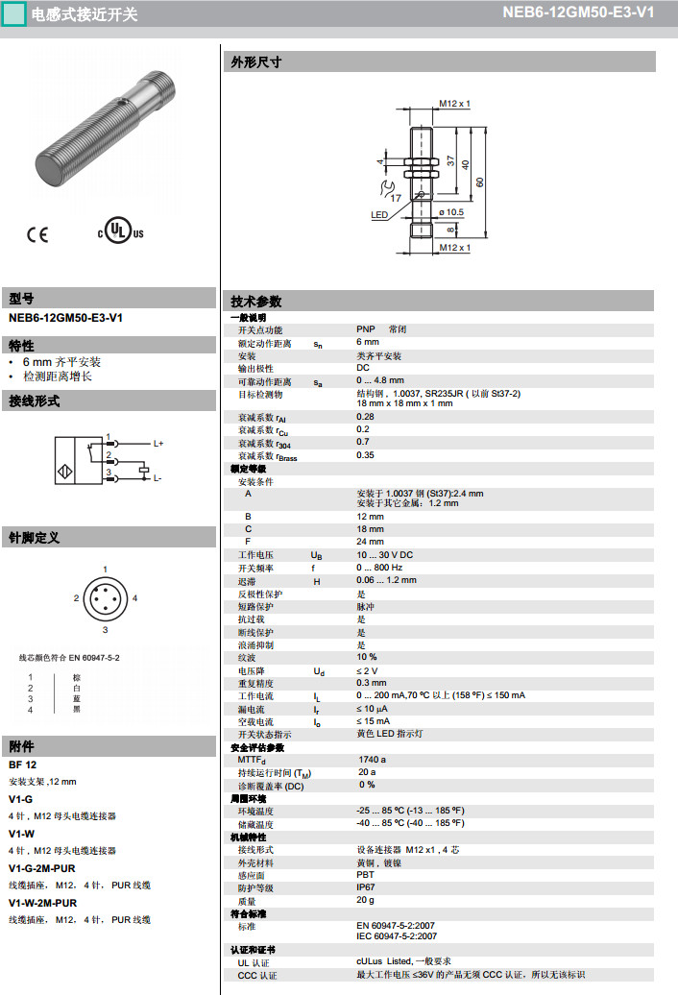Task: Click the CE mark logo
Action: pyautogui.click(x=36, y=232)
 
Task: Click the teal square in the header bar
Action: pyautogui.click(x=13, y=13)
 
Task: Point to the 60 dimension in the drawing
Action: pyautogui.click(x=479, y=182)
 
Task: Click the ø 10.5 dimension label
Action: pyautogui.click(x=451, y=212)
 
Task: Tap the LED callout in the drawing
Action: pyautogui.click(x=379, y=215)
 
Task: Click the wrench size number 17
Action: pyautogui.click(x=396, y=196)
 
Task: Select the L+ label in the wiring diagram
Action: pyautogui.click(x=158, y=443)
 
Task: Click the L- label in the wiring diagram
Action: pyautogui.click(x=157, y=477)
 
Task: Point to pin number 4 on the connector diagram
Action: pyautogui.click(x=135, y=598)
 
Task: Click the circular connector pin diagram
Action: pyautogui.click(x=105, y=598)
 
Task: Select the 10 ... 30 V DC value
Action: pyautogui.click(x=384, y=555)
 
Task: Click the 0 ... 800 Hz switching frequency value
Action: pyautogui.click(x=379, y=568)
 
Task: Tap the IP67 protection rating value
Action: pyautogui.click(x=366, y=887)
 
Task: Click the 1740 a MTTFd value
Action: pyautogui.click(x=373, y=759)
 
